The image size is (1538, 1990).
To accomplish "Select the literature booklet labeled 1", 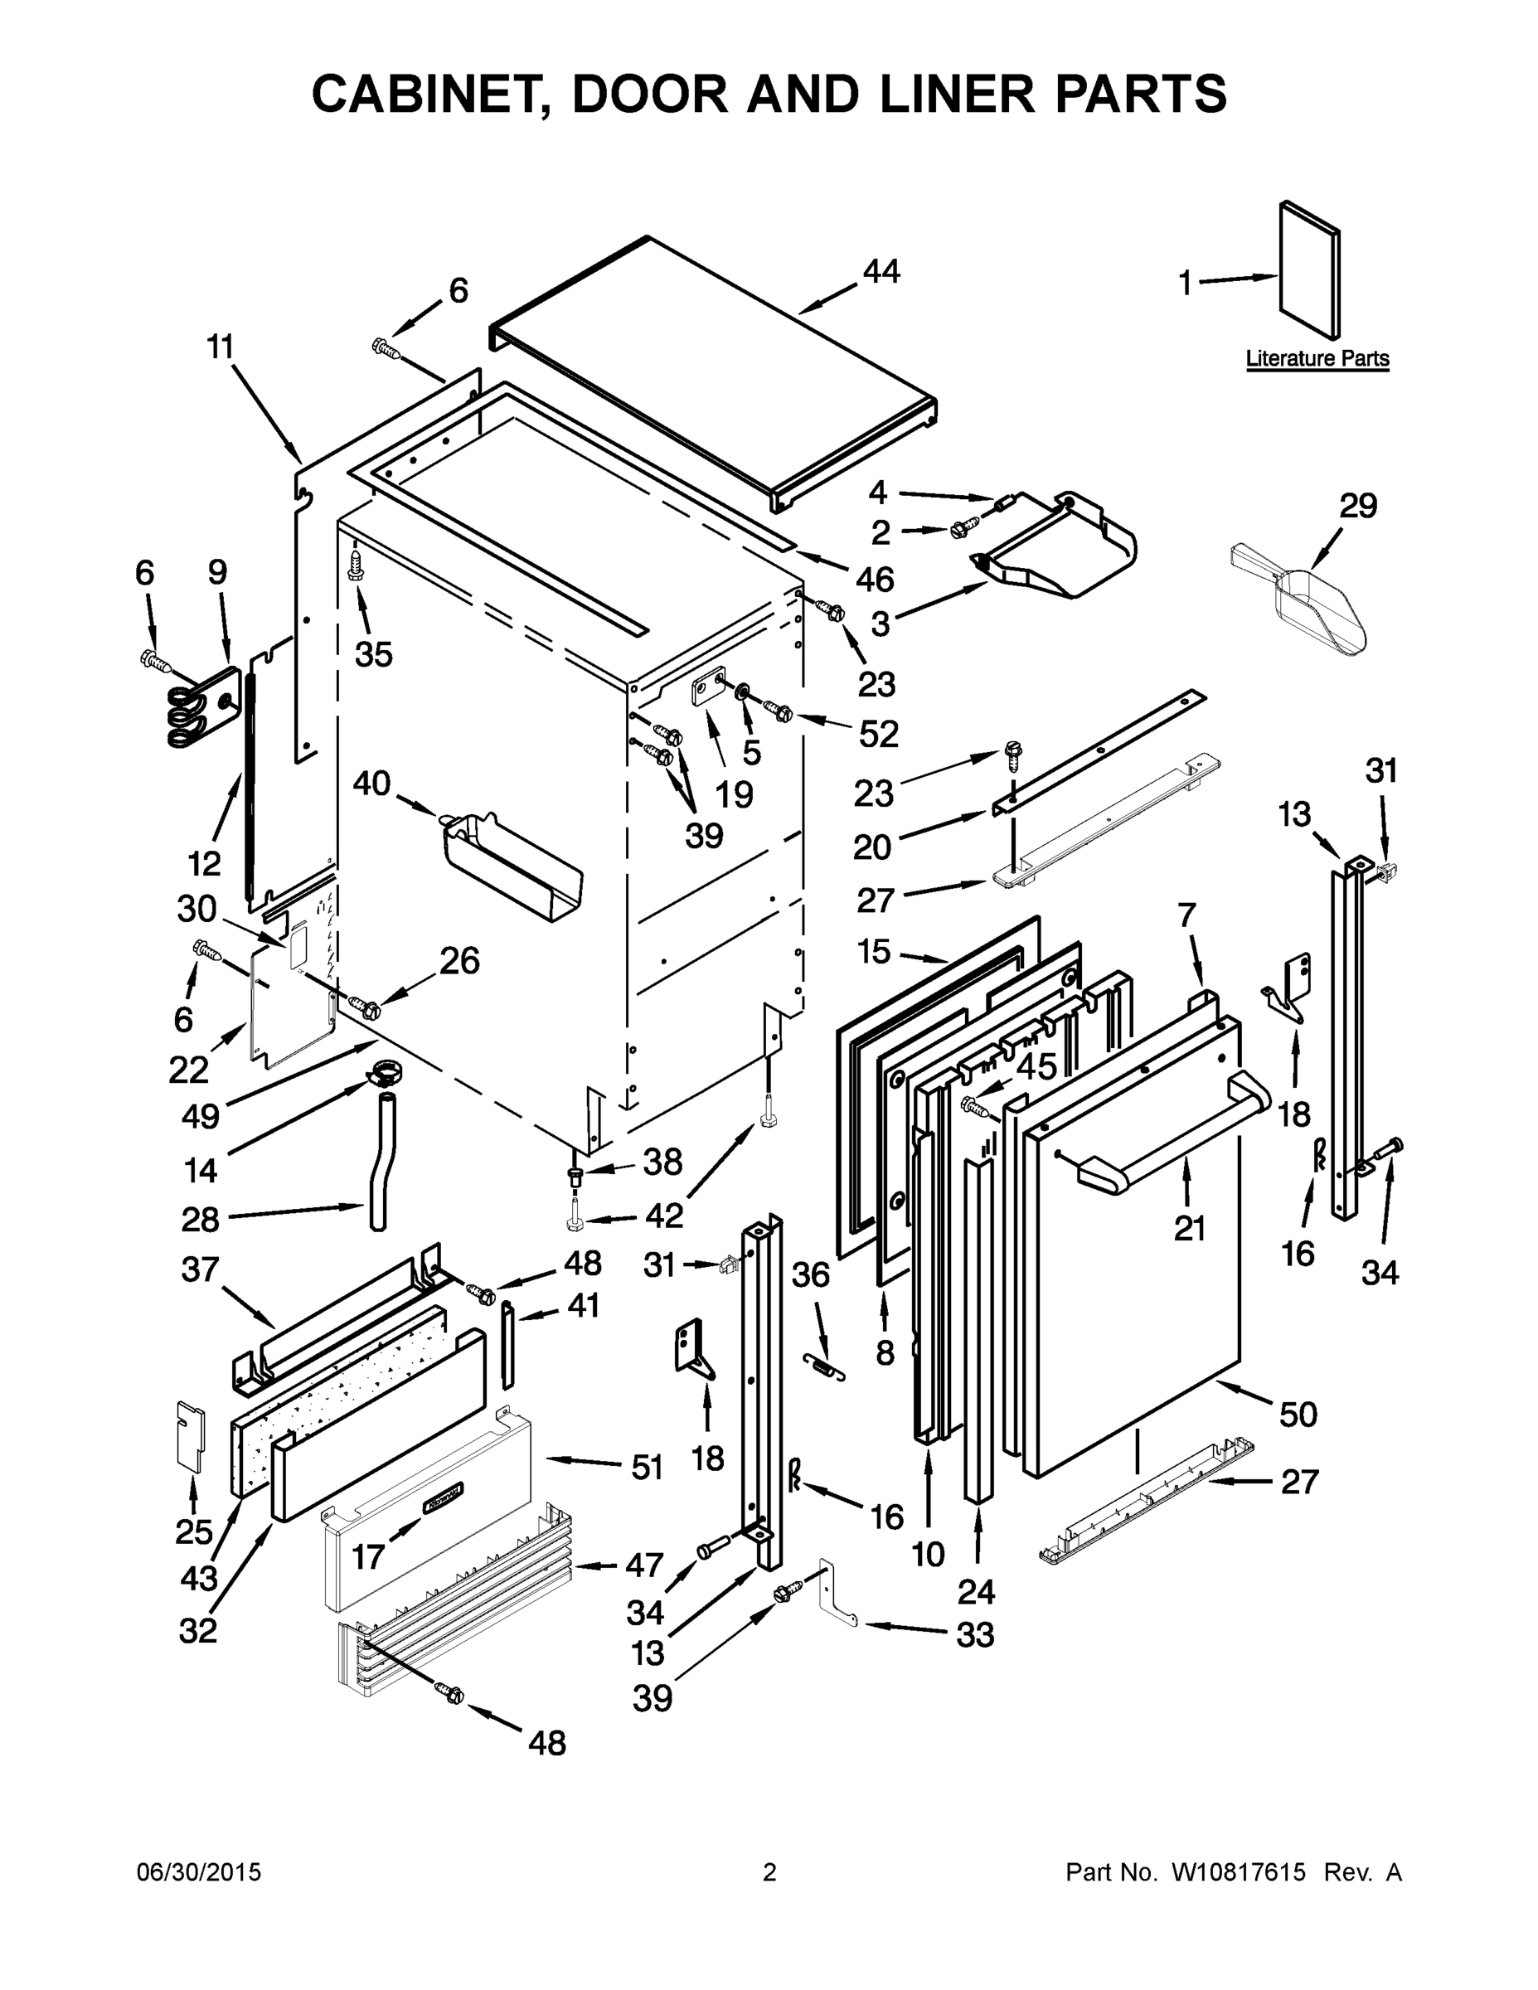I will [x=1310, y=269].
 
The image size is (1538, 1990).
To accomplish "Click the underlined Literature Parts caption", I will [x=1317, y=359].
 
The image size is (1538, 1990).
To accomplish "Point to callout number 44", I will [x=881, y=271].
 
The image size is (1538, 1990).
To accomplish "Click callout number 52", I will [x=878, y=734].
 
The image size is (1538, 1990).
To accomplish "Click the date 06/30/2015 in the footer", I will [x=199, y=1873].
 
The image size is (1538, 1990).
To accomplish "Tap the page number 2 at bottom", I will [x=769, y=1873].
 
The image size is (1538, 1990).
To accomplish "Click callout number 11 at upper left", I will [x=220, y=347].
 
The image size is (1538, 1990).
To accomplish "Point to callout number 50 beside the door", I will [x=1298, y=1415].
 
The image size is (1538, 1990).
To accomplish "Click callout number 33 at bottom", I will [x=974, y=1636].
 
